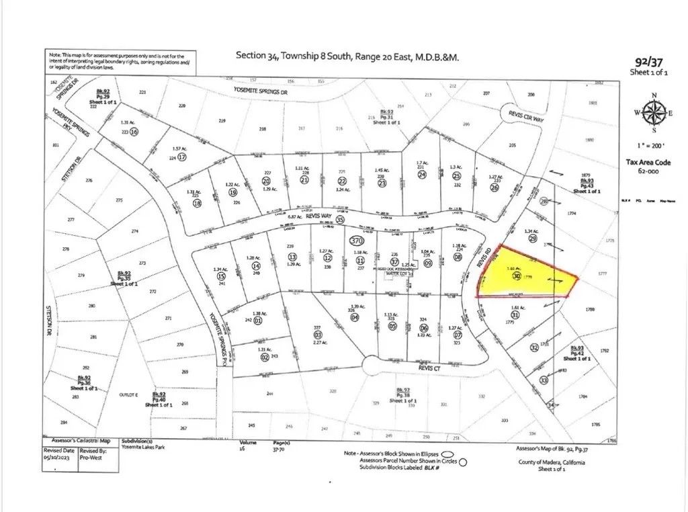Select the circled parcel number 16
[134, 132]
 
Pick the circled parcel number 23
[382, 182]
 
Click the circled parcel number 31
[515, 314]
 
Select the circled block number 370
[357, 240]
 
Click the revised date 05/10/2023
[58, 456]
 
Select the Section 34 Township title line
[347, 56]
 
